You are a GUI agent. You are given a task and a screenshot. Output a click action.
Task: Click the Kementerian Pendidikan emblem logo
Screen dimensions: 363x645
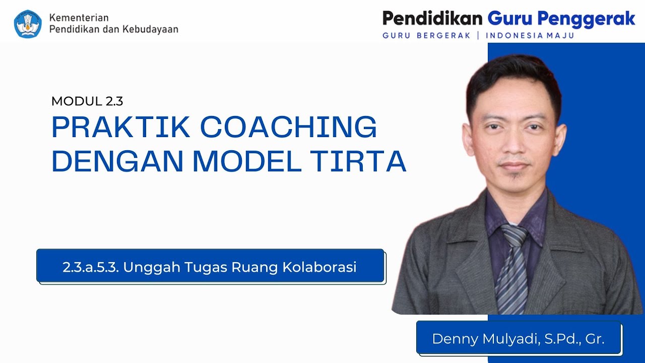point(28,24)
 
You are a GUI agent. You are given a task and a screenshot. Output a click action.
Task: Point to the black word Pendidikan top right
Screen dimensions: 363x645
point(432,19)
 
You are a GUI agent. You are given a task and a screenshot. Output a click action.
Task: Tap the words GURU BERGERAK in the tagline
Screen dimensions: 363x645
point(426,36)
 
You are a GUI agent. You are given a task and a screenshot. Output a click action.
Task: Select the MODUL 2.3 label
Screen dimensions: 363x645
point(87,101)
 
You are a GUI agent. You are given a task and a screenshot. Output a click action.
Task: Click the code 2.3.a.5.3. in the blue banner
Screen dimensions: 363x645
point(91,267)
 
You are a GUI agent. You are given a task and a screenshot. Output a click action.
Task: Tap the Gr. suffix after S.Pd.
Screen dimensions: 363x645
point(595,338)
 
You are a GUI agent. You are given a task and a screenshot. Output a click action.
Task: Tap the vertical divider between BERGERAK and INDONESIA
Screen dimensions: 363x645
point(478,36)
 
